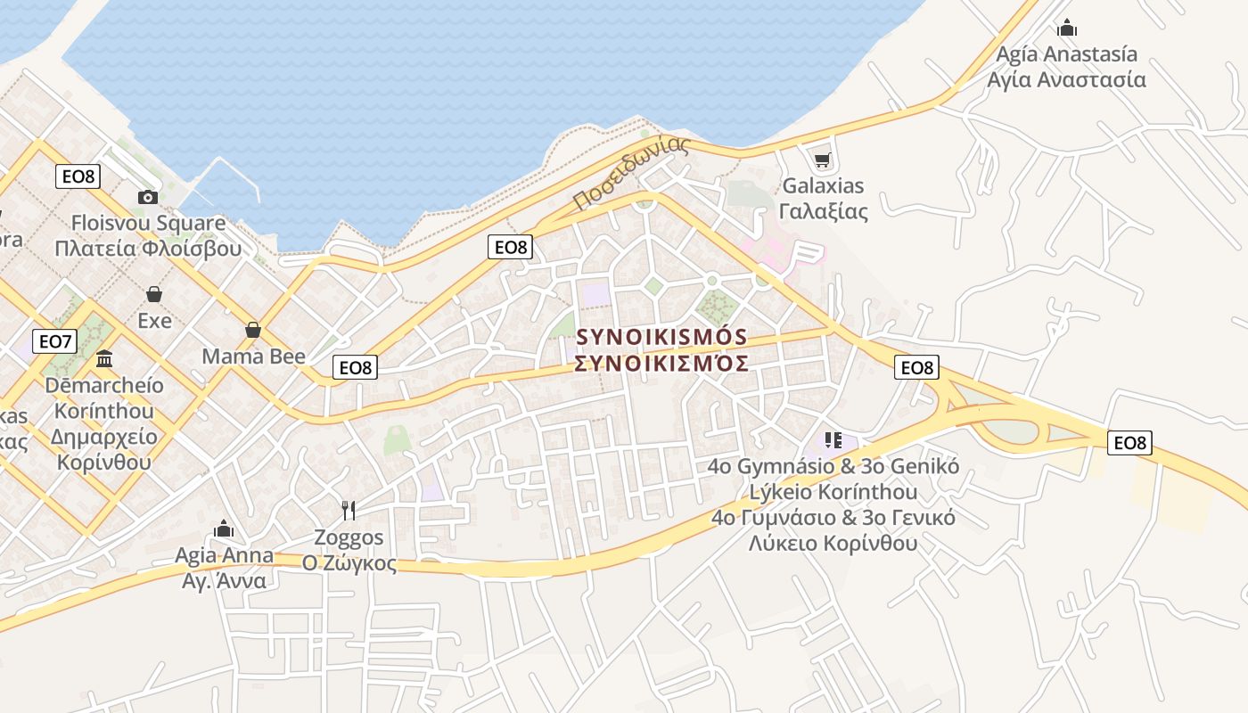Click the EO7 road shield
(x=54, y=340)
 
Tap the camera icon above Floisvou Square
(x=148, y=197)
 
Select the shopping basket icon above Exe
(x=154, y=294)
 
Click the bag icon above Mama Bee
(x=253, y=330)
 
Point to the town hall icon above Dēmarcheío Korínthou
(x=104, y=359)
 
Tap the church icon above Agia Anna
(x=224, y=529)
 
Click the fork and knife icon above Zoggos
(x=349, y=511)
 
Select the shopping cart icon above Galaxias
(x=822, y=160)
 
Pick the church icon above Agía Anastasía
(x=1066, y=28)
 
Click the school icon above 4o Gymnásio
(x=833, y=439)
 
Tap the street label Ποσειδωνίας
(x=632, y=173)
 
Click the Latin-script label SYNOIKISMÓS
(x=661, y=337)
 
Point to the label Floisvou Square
(x=148, y=223)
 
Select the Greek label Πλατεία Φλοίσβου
(x=148, y=248)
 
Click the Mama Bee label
(x=253, y=356)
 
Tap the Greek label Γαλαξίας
(x=823, y=211)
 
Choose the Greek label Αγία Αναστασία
(x=1066, y=79)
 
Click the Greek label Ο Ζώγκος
(x=349, y=563)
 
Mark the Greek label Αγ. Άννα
(x=224, y=581)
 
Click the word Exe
(x=154, y=320)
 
